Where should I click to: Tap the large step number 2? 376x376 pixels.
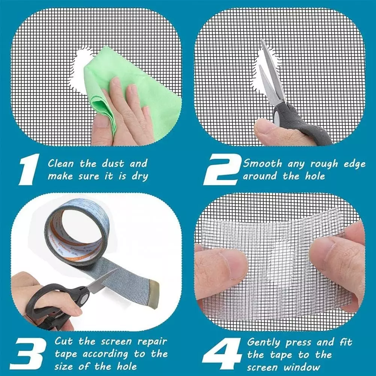tap(222, 170)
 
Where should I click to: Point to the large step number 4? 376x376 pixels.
tap(222, 354)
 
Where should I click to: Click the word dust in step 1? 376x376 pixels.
tap(113, 163)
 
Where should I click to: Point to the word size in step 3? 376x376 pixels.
tap(65, 366)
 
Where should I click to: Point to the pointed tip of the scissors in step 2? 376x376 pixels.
tap(262, 41)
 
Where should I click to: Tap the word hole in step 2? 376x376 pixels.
tap(315, 177)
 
